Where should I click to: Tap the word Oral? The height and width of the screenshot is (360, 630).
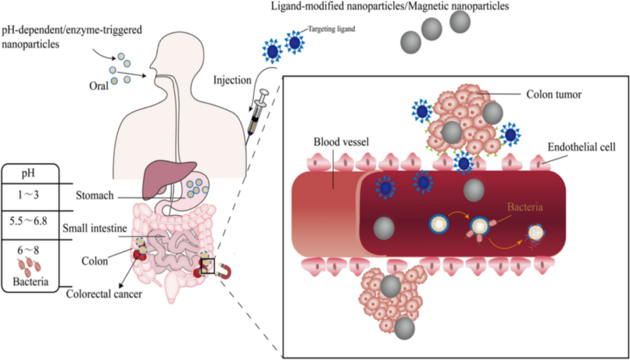point(98,86)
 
